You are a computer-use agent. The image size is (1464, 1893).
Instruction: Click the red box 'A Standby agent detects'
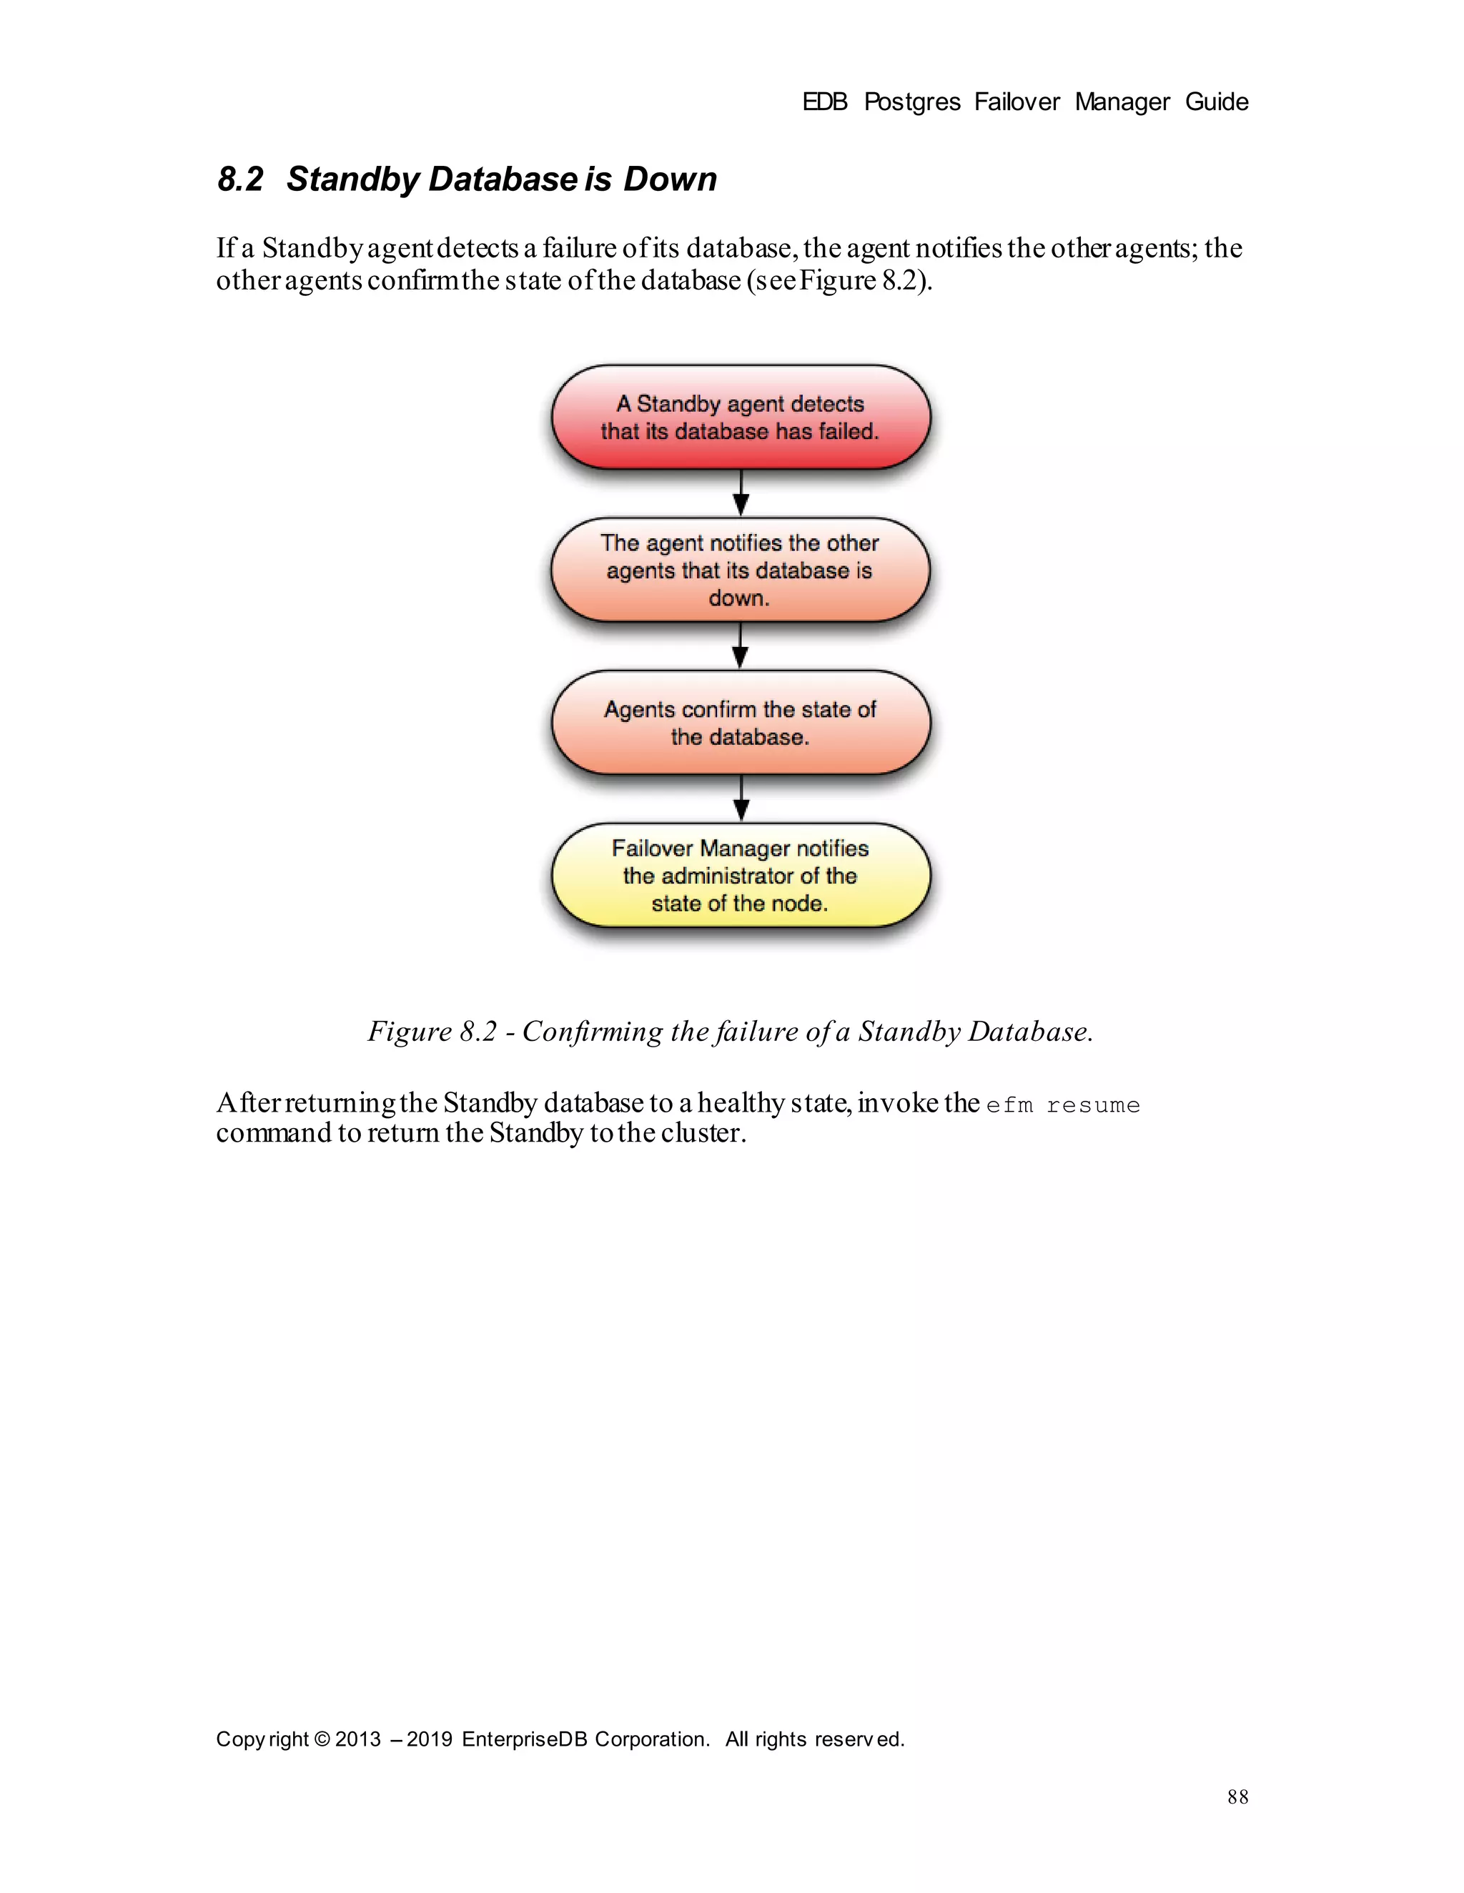coord(741,417)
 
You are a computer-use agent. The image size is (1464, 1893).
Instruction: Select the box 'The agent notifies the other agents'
coord(741,570)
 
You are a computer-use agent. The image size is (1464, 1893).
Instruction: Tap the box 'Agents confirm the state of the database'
coord(741,722)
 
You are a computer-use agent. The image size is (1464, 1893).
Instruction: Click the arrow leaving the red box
coord(741,493)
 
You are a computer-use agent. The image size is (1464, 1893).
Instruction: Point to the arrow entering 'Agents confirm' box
coord(741,646)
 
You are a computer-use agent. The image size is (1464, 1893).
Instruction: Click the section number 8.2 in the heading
coord(240,179)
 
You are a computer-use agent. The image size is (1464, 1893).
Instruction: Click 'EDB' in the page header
coord(824,102)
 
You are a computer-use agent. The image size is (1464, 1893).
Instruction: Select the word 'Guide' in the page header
coord(1216,102)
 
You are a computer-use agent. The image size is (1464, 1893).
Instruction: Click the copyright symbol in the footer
coord(322,1739)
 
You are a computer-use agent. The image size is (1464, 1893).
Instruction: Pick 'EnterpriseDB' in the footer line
coord(525,1739)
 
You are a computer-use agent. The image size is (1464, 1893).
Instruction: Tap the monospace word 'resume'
coord(1093,1105)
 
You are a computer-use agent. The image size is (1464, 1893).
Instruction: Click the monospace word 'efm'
coord(1010,1105)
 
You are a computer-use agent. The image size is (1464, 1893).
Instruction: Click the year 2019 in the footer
coord(429,1739)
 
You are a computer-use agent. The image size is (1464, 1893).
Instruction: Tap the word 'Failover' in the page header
coord(1017,102)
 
